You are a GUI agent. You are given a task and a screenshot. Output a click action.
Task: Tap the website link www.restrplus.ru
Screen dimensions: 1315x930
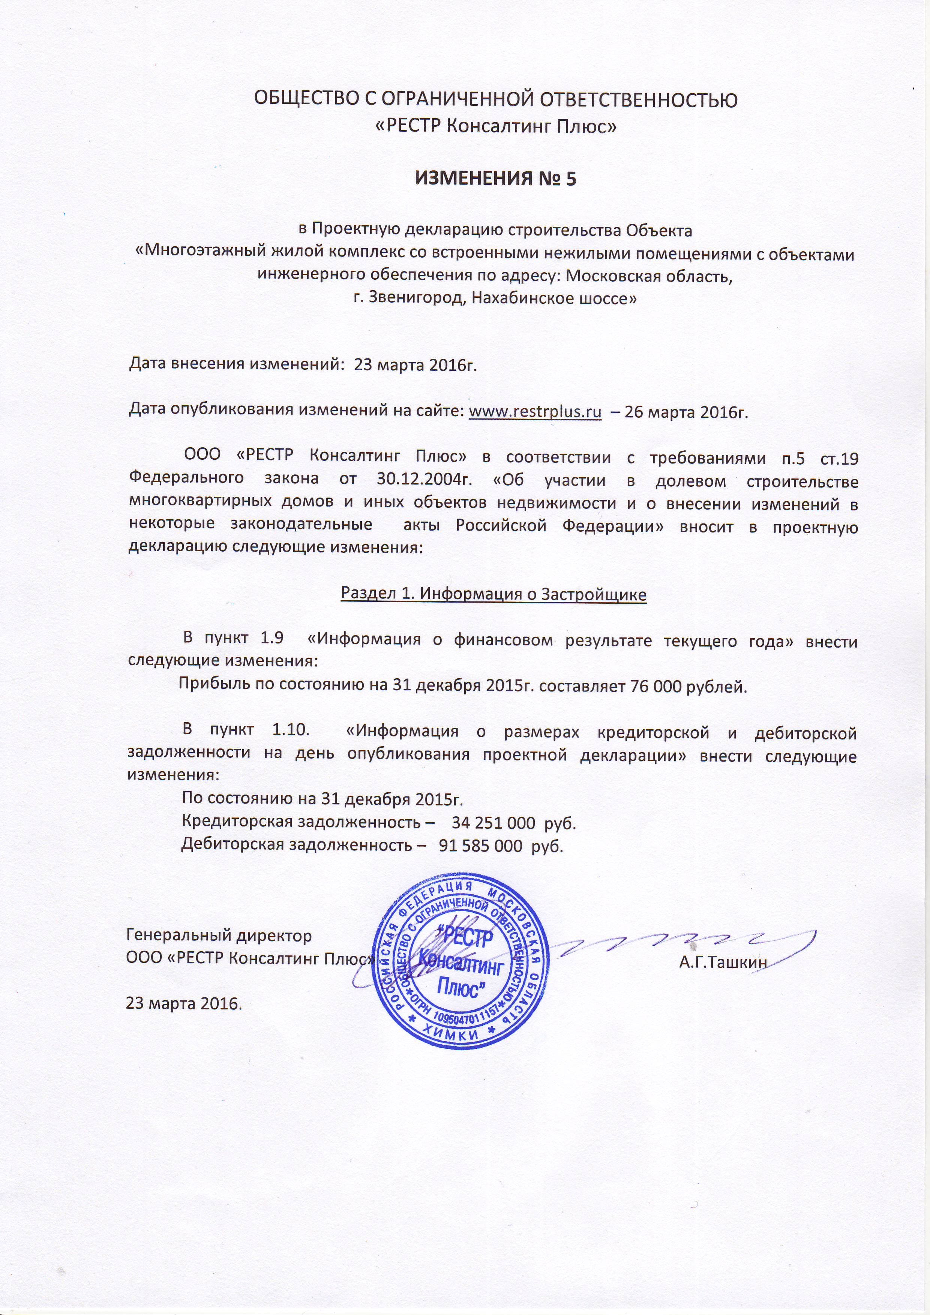tap(535, 412)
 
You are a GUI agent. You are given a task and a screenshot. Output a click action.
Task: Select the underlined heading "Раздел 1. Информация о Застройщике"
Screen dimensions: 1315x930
tap(493, 594)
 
